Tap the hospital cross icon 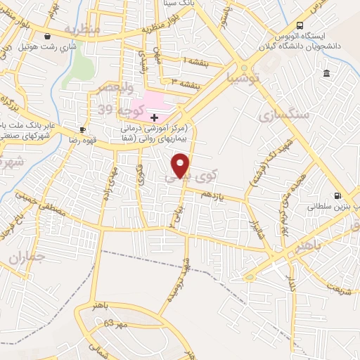coord(154,117)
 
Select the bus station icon coord(300,25)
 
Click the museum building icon coord(327,74)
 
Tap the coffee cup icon coord(82,129)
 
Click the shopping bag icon coord(47,36)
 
